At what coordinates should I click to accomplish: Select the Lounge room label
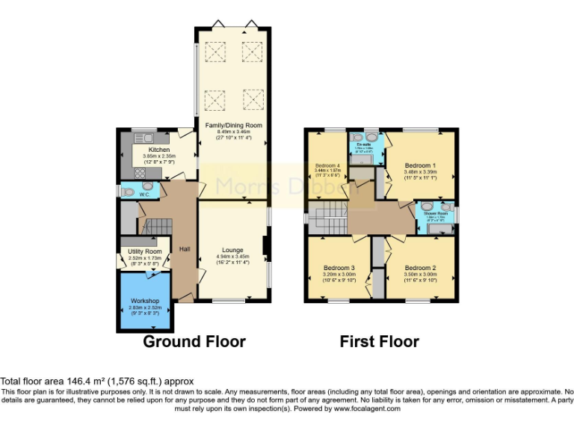click(232, 251)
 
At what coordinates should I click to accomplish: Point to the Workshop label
click(145, 300)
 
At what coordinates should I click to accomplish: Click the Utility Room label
click(144, 251)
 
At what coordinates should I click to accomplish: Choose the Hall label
click(184, 249)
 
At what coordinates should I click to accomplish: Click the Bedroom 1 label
click(420, 165)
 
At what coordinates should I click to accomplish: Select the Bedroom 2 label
click(421, 267)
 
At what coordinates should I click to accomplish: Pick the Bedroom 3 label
click(339, 267)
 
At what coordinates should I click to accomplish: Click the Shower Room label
click(436, 213)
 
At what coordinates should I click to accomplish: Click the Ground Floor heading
click(194, 342)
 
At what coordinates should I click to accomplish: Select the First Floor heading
click(379, 342)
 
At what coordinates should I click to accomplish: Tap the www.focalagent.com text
click(374, 409)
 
